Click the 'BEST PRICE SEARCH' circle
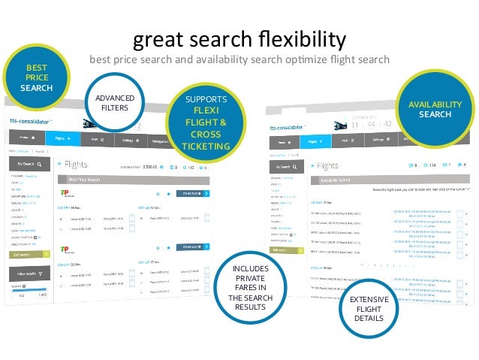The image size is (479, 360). pyautogui.click(x=36, y=77)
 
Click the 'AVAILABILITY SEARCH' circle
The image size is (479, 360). pyautogui.click(x=435, y=109)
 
